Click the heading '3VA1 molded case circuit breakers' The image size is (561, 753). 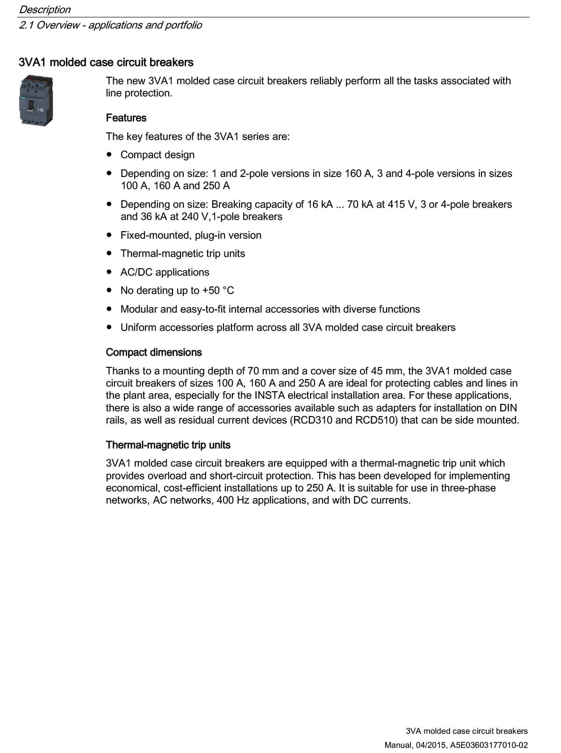click(106, 62)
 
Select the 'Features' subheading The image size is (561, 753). click(126, 118)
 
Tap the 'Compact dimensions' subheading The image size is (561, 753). click(154, 352)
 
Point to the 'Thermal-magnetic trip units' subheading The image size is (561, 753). click(168, 445)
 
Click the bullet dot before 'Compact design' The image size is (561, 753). click(109, 154)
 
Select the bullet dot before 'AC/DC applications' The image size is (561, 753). click(109, 271)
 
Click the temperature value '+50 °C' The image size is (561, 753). click(218, 291)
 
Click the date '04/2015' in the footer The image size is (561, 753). click(424, 745)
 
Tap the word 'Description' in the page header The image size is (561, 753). click(45, 9)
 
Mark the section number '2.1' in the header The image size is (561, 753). click(26, 25)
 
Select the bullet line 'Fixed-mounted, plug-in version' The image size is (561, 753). click(191, 235)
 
